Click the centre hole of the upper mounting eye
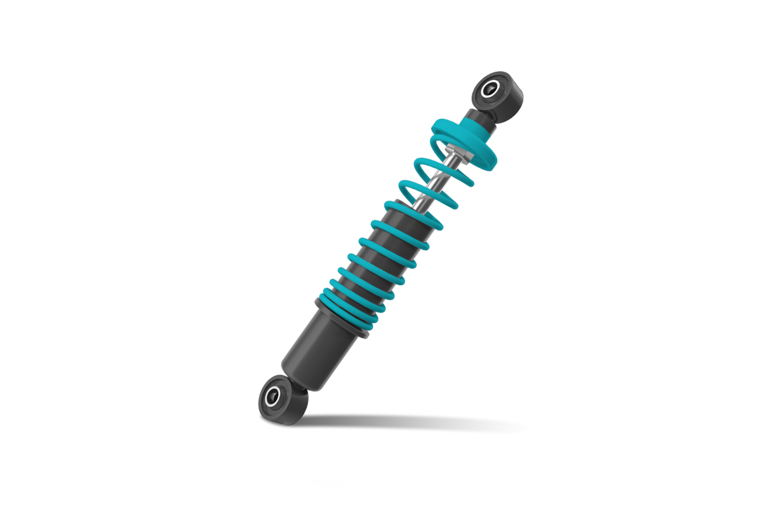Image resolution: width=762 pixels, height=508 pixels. point(489,89)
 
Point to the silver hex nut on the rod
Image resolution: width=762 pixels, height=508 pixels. point(457,155)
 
